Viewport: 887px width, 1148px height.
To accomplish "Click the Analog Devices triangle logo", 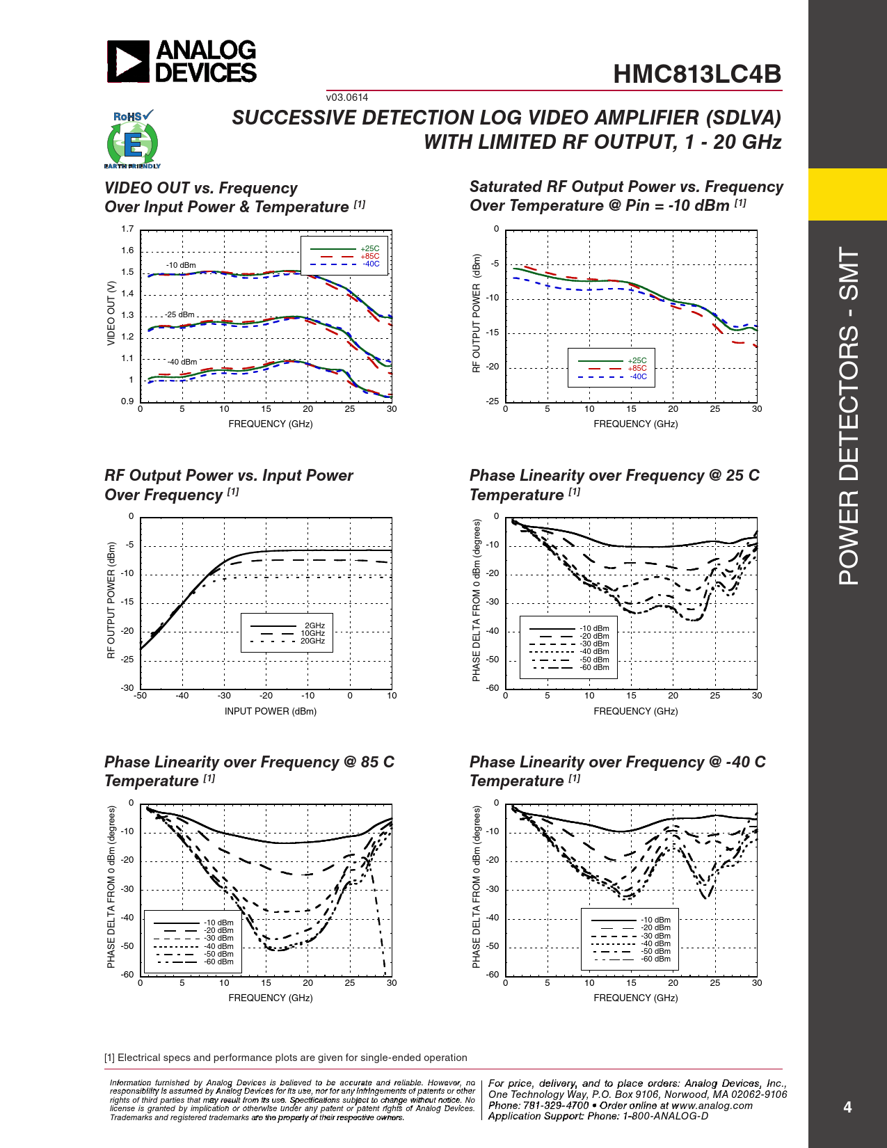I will point(128,61).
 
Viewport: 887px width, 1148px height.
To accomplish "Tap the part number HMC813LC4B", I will point(697,74).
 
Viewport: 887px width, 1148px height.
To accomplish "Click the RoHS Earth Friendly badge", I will point(132,140).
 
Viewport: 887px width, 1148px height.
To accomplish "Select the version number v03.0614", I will point(347,97).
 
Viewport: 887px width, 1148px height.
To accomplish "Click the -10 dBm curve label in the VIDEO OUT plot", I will point(181,265).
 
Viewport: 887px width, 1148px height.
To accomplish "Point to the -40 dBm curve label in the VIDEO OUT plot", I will point(182,362).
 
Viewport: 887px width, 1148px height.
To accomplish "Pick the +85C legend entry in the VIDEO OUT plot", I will point(370,256).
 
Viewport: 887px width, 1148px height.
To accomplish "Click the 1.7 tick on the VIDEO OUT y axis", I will point(127,229).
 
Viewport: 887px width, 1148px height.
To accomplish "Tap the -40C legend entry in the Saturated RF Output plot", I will point(639,376).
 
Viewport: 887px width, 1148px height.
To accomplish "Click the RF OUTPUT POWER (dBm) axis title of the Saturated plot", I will point(477,313).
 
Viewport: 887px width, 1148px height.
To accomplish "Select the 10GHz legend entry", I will point(312,633).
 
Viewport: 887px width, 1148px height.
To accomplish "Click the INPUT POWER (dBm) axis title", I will point(270,711).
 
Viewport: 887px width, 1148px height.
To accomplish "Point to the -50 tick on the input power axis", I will point(141,696).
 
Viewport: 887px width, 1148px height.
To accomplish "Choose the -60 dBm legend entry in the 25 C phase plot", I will point(595,667).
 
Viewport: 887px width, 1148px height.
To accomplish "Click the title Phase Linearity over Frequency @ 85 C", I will point(249,762).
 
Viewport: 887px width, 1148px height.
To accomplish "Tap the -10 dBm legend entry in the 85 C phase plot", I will point(218,923).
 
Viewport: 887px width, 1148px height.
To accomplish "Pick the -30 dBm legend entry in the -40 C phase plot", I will point(655,936).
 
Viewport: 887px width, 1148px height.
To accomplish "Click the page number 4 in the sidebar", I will point(847,1107).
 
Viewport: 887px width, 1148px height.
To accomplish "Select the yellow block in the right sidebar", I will point(847,194).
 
